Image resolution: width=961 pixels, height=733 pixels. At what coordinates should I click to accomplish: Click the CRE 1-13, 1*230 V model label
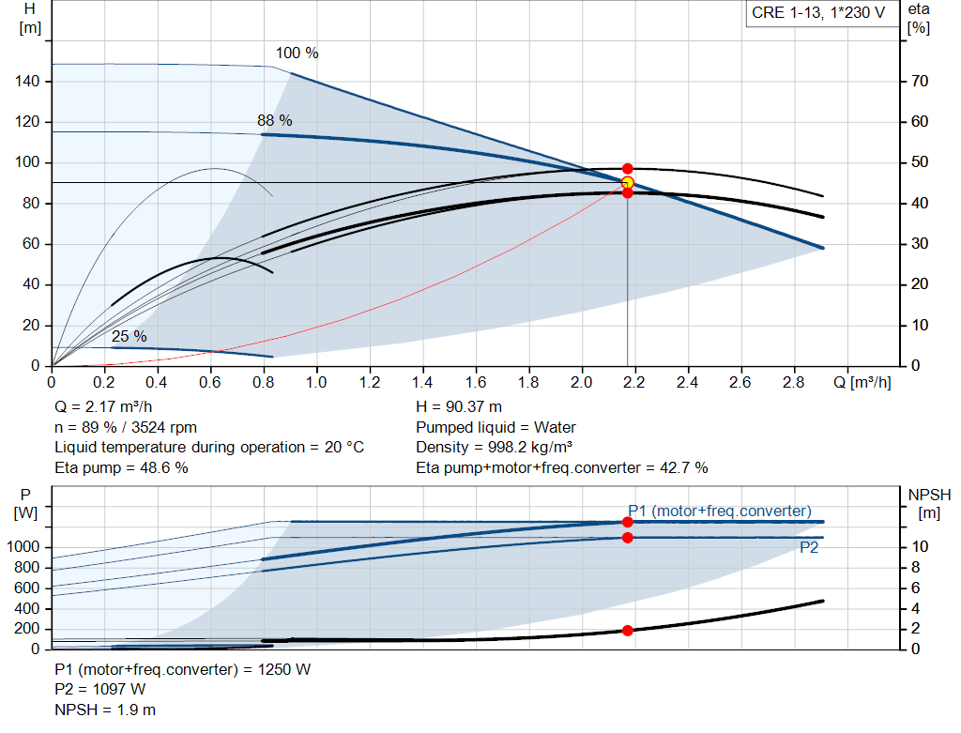pyautogui.click(x=818, y=13)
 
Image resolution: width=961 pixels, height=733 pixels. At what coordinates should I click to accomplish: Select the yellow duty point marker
pyautogui.click(x=628, y=182)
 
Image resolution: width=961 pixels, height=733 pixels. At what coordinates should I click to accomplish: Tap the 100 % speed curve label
pyautogui.click(x=297, y=53)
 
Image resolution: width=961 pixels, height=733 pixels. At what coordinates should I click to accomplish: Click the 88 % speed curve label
pyautogui.click(x=275, y=120)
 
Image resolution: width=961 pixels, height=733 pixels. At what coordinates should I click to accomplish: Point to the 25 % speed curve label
pyautogui.click(x=130, y=336)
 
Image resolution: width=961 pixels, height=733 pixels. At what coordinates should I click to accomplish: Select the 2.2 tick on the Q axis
pyautogui.click(x=634, y=383)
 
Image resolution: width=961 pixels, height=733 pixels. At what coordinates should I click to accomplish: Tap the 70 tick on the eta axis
pyautogui.click(x=919, y=82)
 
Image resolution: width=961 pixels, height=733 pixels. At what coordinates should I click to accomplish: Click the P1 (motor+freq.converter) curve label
pyautogui.click(x=720, y=511)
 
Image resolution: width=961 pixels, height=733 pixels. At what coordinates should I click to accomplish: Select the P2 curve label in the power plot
pyautogui.click(x=809, y=548)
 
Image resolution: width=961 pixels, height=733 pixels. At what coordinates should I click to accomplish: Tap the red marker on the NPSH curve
pyautogui.click(x=628, y=630)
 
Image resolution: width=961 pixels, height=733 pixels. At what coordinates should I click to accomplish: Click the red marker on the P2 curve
pyautogui.click(x=628, y=538)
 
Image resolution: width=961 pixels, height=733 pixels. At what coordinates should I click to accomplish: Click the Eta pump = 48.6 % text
pyautogui.click(x=121, y=467)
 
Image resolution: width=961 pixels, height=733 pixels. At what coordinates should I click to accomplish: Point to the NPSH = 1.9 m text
pyautogui.click(x=105, y=710)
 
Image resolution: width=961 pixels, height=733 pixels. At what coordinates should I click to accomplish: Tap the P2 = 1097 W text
pyautogui.click(x=100, y=690)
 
